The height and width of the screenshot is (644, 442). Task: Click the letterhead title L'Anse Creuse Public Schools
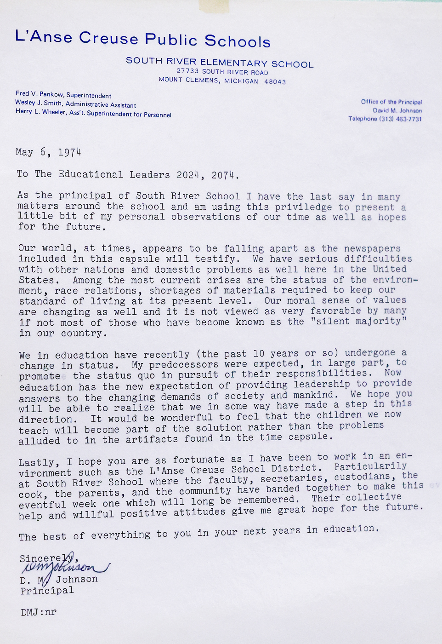click(142, 39)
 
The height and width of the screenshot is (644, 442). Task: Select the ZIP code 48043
click(275, 82)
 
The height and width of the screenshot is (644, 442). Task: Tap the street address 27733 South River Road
click(222, 72)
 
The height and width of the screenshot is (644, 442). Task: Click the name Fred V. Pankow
click(40, 94)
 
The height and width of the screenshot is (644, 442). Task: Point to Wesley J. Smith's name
click(38, 103)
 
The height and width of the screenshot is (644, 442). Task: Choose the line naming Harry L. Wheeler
click(93, 113)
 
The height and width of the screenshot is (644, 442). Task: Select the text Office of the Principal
click(391, 102)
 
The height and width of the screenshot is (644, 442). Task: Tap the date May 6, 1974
click(48, 152)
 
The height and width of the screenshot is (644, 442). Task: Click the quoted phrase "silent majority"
click(358, 321)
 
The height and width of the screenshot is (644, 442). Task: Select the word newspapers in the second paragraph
click(372, 249)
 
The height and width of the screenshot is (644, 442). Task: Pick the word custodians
click(362, 477)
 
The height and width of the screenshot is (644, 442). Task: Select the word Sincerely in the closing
click(46, 558)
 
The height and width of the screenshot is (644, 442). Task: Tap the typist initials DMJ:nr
click(39, 612)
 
